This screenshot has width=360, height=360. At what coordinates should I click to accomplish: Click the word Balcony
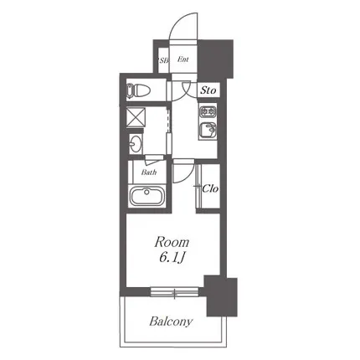pos(171,321)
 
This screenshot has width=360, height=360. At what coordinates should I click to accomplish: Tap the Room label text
pos(172,242)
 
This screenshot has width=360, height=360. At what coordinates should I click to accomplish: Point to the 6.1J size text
pos(171,258)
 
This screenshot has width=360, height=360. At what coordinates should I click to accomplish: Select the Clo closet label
pos(210,188)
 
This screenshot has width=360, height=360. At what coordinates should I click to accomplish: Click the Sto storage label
pos(208,90)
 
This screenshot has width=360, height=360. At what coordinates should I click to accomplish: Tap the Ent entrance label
pos(183,59)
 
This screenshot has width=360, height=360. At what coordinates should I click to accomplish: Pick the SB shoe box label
pos(163,60)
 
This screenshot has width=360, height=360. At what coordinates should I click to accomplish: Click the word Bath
pos(149,172)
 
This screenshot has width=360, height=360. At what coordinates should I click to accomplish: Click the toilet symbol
pos(138,90)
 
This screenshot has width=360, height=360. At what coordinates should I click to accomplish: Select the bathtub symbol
pos(147,196)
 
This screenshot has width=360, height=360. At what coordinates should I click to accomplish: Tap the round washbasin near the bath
pos(136,144)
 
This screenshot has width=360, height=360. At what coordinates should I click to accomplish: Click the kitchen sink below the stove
pos(208,131)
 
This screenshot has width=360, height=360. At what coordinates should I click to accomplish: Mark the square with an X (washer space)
pos(136,117)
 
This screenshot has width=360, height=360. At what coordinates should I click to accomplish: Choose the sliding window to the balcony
pos(174,291)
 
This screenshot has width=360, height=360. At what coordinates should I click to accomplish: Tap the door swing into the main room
pos(183,173)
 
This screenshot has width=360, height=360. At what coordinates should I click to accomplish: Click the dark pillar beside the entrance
pos(215,59)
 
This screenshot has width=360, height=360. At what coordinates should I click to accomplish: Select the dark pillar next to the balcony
pos(221,296)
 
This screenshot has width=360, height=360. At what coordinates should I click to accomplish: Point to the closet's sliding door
pos(198,186)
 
